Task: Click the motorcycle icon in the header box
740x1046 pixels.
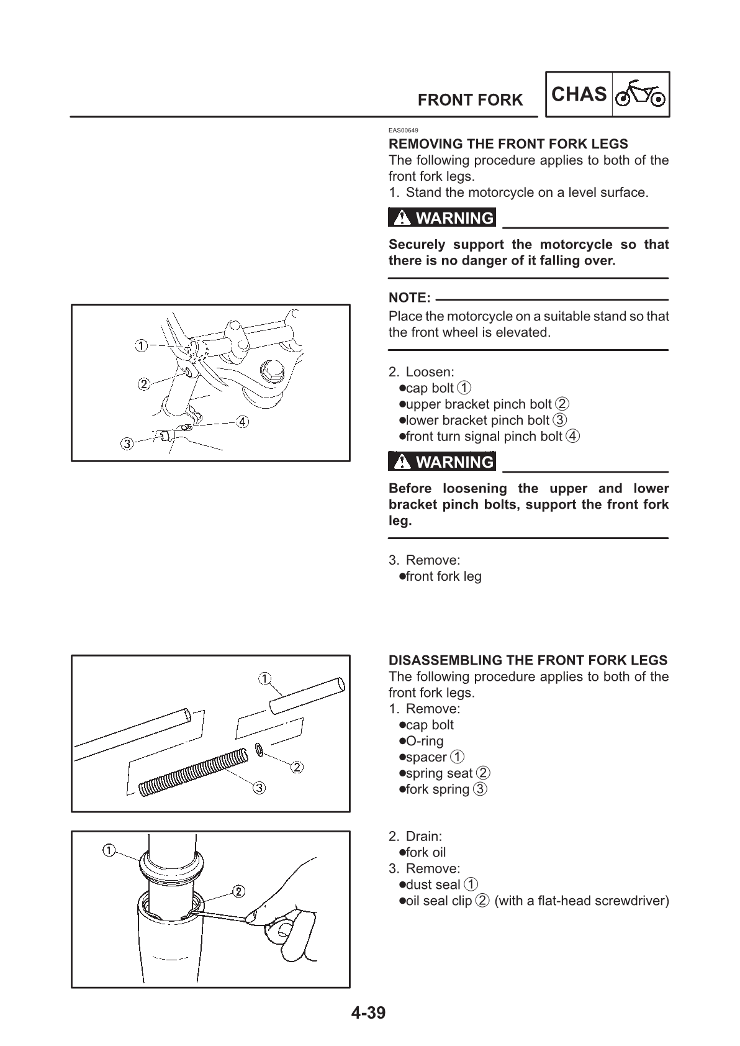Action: coord(641,94)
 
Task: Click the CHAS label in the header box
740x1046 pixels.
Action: coord(579,94)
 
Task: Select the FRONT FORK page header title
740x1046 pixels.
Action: coord(470,100)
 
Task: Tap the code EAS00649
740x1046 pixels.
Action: coord(404,130)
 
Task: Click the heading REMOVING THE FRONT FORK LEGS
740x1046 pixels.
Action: coord(508,143)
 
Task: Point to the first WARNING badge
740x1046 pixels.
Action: coord(442,218)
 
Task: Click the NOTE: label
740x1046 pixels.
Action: coord(409,298)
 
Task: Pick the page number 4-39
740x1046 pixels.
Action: coord(368,1013)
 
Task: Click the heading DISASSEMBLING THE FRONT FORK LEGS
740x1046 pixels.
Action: coord(528,660)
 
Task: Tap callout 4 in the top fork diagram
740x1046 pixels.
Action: coord(241,422)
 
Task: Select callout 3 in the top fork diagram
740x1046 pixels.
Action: coord(127,443)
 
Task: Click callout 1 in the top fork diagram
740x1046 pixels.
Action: coord(142,345)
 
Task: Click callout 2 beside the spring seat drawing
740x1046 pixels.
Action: coord(297,767)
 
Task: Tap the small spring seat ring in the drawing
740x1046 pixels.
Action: coord(259,752)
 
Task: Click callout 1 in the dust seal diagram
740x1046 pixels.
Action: coord(108,850)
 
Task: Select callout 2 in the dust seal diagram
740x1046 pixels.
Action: coord(238,891)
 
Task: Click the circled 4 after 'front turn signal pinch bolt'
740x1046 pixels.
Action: coord(573,436)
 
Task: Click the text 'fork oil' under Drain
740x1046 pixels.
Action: coord(425,852)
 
